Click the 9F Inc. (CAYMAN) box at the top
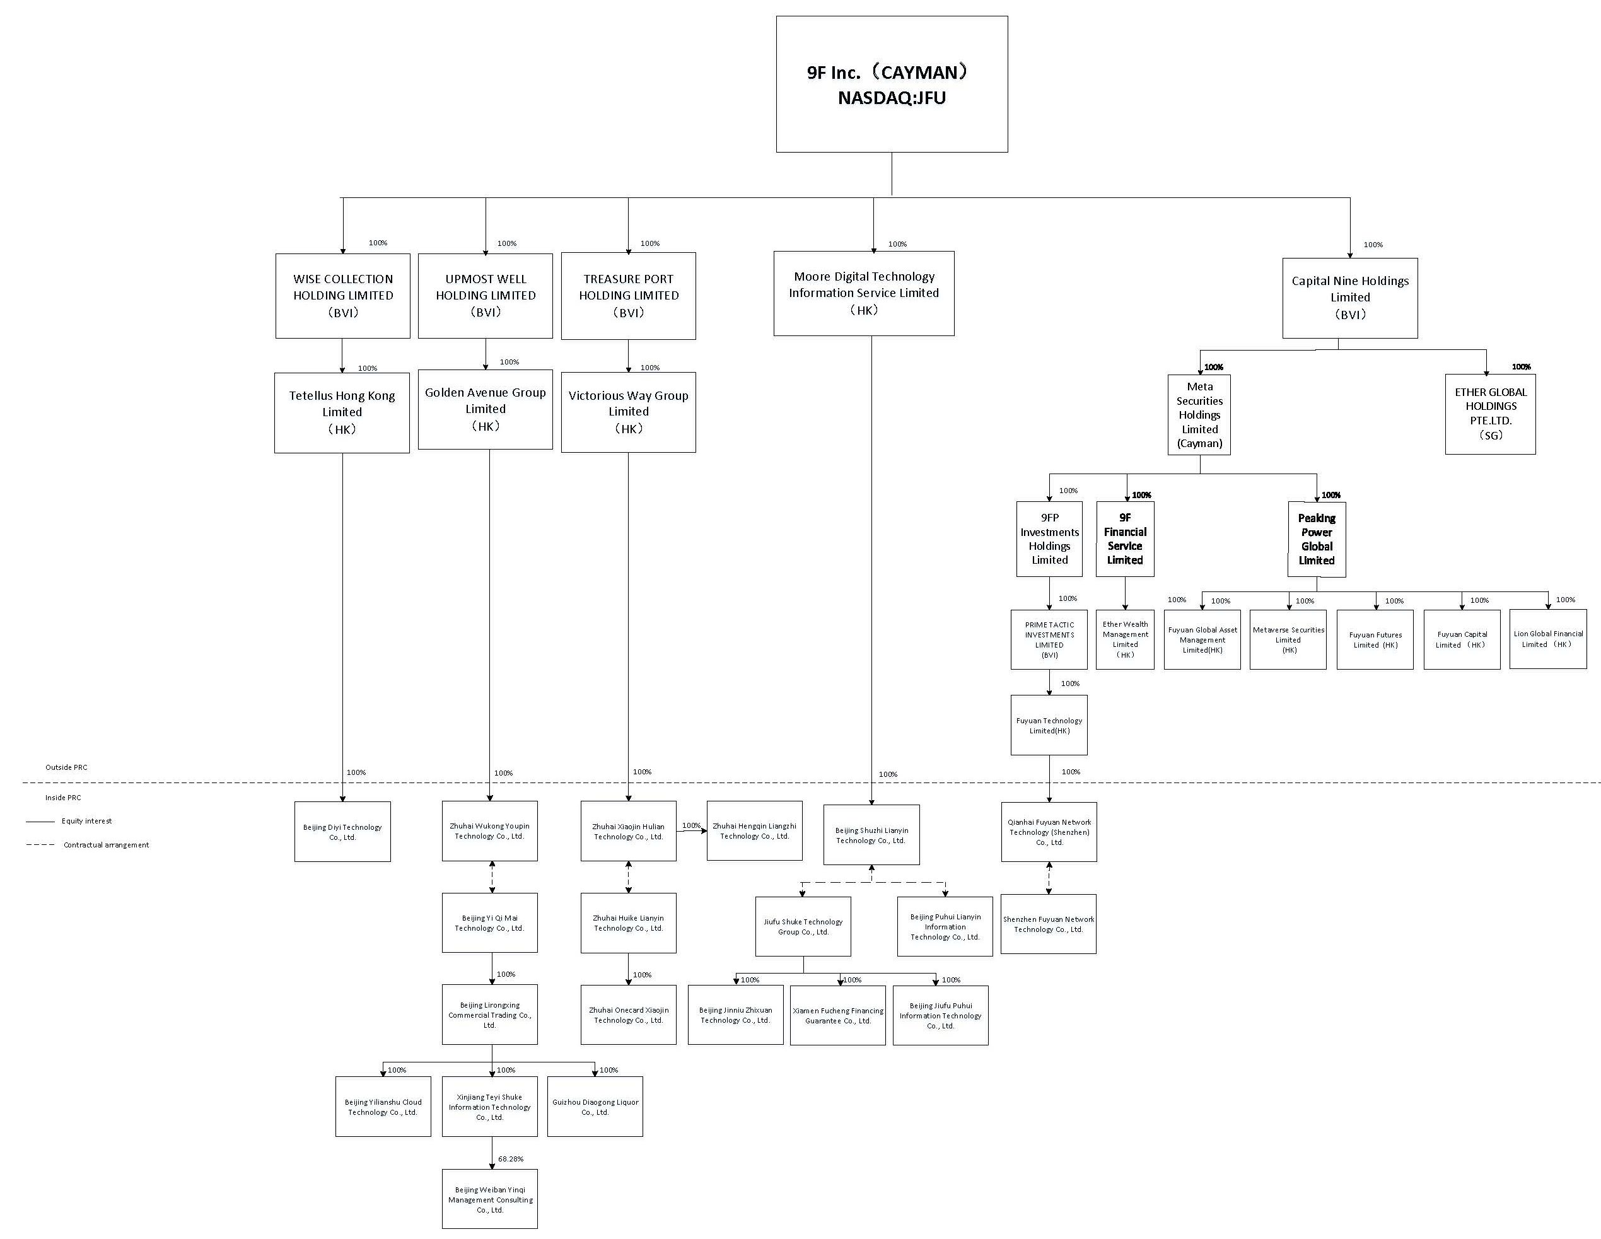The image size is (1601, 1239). click(892, 84)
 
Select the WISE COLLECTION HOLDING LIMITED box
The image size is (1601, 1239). click(342, 296)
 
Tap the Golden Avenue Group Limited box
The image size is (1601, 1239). click(486, 409)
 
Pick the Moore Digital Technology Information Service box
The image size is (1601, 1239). click(863, 293)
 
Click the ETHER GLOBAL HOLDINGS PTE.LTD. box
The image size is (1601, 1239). click(1490, 414)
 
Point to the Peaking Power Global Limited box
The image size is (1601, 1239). click(1317, 540)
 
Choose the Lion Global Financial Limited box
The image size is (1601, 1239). click(1547, 639)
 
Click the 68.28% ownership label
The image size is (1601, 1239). click(511, 1159)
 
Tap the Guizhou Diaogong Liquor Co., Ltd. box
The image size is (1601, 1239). click(595, 1107)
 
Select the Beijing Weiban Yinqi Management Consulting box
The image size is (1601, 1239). click(490, 1199)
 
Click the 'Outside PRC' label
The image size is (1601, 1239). click(66, 767)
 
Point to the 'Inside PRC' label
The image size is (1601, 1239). click(63, 798)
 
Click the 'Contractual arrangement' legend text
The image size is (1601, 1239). click(107, 846)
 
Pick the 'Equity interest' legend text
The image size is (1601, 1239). click(86, 821)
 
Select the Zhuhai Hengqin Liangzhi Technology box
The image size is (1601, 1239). click(754, 830)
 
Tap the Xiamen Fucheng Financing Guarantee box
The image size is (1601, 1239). click(838, 1015)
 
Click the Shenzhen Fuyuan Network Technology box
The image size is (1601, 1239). click(1048, 924)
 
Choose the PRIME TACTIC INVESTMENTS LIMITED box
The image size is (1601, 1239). click(1049, 640)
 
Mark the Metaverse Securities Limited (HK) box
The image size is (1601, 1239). click(1288, 640)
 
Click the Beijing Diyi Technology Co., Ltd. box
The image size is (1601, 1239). click(342, 832)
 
